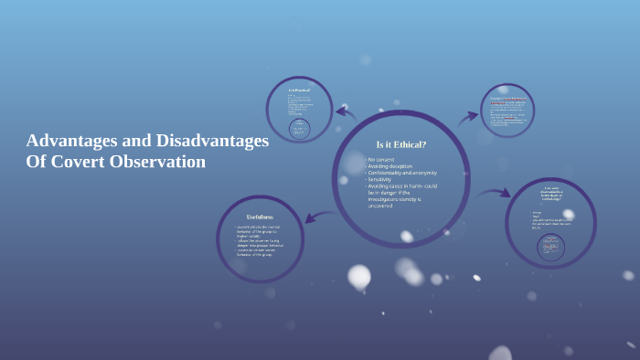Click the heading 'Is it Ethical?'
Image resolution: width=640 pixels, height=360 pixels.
tap(401, 144)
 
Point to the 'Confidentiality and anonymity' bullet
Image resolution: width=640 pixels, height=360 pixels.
tap(403, 173)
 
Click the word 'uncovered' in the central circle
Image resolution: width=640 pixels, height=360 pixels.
tap(380, 206)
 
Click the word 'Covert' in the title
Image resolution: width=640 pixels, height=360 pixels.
tap(80, 163)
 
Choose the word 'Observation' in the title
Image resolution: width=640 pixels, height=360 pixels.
tap(159, 163)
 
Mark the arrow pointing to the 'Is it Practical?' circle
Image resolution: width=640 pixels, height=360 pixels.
tap(346, 112)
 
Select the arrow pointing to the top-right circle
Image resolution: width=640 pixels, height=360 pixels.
tap(468, 116)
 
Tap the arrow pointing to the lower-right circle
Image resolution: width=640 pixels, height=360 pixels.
tap(495, 194)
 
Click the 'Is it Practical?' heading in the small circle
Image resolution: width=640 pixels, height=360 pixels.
tap(299, 90)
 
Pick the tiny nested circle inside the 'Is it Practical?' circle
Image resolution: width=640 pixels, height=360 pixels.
tap(299, 129)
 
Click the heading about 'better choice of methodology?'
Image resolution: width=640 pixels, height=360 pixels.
tap(550, 192)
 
